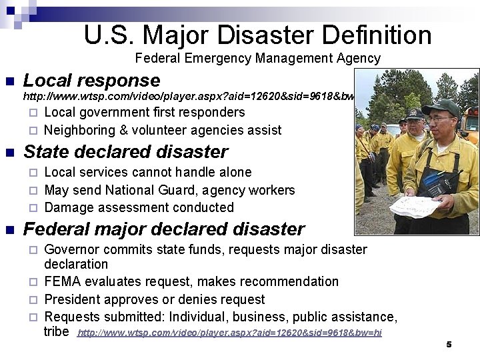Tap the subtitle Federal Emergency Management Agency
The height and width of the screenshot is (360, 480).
click(x=257, y=59)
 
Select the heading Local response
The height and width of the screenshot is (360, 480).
click(x=91, y=81)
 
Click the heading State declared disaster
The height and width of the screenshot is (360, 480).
click(x=125, y=152)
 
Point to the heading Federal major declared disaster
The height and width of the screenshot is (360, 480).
click(x=164, y=229)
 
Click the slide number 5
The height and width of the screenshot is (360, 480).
click(x=449, y=344)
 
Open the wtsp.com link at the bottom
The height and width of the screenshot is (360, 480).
click(x=230, y=333)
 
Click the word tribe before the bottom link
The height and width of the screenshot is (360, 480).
click(x=56, y=331)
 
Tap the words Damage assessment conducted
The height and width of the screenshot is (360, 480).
click(x=139, y=207)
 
